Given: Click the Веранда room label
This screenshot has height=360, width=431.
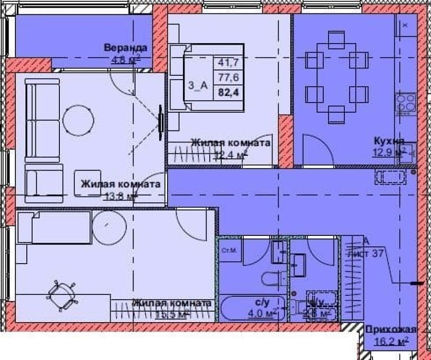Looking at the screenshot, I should tap(125, 48).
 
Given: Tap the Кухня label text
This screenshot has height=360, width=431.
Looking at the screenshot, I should tap(389, 141).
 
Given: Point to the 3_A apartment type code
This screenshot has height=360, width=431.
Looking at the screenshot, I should tap(198, 86).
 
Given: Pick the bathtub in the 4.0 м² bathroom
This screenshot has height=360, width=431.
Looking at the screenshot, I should tap(239, 308).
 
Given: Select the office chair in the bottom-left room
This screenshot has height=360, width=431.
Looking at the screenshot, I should tap(61, 295).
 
